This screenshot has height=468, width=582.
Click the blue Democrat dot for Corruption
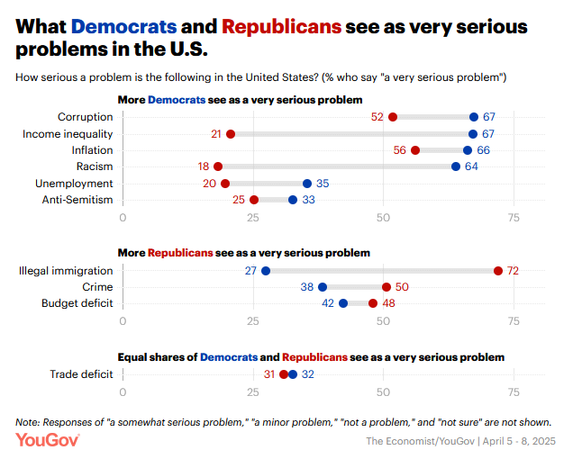[474, 117]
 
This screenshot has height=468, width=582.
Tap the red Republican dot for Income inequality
[231, 134]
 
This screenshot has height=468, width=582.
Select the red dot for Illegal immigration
[497, 271]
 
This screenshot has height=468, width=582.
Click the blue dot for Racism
[456, 166]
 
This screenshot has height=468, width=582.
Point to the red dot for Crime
[386, 287]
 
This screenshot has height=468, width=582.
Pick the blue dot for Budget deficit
[343, 303]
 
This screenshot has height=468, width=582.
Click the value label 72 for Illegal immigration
[514, 271]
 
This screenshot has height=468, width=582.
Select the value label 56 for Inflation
[400, 150]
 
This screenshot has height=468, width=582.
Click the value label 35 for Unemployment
[323, 184]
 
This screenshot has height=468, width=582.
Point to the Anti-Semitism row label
[77, 200]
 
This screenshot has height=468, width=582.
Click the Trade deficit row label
[81, 374]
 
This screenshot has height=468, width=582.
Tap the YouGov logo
[48, 441]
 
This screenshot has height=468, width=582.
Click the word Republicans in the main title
[282, 26]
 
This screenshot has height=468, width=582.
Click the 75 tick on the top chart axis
[514, 217]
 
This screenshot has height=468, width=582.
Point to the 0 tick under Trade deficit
[123, 391]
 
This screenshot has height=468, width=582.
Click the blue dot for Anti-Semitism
[293, 200]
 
